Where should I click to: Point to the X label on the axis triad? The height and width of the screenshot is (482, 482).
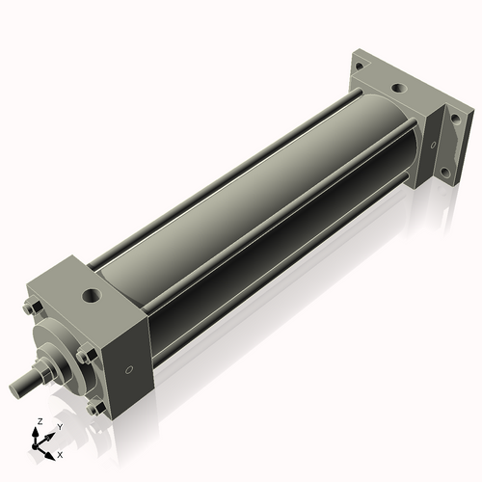61,453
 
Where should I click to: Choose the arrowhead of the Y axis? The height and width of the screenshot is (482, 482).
50,434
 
